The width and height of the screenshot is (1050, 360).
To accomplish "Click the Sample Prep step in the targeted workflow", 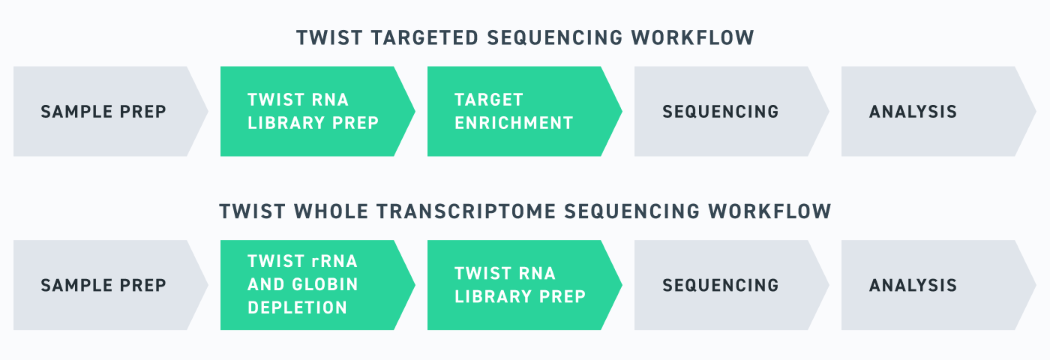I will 103,112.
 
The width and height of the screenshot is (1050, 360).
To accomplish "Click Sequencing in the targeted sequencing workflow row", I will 721,112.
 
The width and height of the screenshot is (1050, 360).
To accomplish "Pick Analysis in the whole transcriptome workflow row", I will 913,286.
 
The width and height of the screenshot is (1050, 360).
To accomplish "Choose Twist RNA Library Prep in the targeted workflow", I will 308,112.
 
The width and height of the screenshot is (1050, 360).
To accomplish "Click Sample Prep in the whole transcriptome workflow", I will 103,286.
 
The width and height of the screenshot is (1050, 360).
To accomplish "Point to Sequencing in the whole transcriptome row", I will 721,286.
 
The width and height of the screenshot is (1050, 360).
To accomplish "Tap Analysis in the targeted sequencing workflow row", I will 913,112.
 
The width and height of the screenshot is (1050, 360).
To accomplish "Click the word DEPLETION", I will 298,307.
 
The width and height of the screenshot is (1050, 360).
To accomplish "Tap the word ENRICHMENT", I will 514,123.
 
